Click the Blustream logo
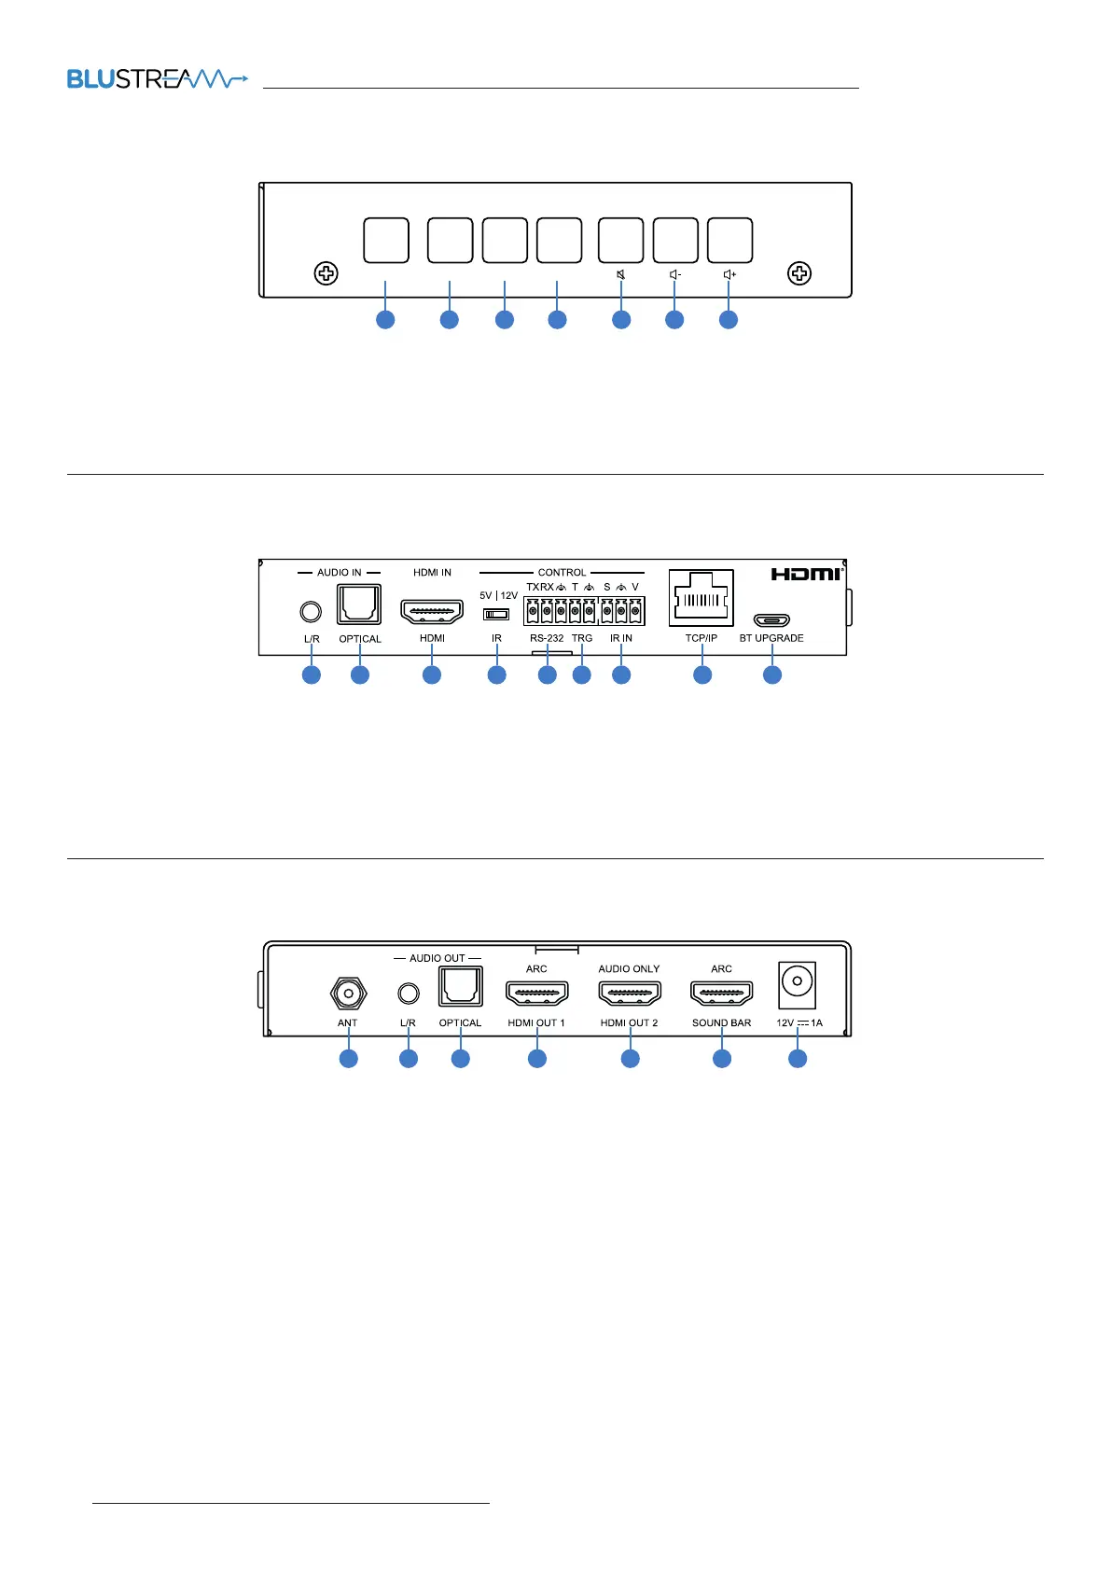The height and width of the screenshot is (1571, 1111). click(x=157, y=79)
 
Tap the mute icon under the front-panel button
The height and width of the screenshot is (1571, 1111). click(x=620, y=274)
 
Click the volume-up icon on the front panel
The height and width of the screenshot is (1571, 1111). click(x=729, y=274)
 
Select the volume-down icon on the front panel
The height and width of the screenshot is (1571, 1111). click(x=675, y=274)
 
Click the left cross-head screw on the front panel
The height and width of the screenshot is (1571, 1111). click(x=326, y=273)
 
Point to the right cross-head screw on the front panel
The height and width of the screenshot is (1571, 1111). click(x=799, y=273)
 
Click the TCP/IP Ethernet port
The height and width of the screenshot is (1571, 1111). click(x=701, y=598)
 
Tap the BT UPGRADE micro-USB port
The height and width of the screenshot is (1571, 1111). click(x=771, y=619)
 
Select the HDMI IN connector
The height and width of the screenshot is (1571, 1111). click(x=432, y=612)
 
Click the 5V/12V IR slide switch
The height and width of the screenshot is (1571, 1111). click(x=496, y=614)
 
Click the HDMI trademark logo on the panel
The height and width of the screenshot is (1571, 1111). click(x=806, y=574)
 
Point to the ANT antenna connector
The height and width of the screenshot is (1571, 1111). click(x=348, y=994)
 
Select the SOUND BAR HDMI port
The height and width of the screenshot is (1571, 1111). click(x=721, y=994)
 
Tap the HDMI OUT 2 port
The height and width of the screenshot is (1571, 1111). click(x=630, y=994)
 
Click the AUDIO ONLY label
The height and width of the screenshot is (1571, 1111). click(x=629, y=969)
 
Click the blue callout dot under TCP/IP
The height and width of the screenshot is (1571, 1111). click(x=702, y=674)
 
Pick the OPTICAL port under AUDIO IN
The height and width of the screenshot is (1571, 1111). click(x=359, y=605)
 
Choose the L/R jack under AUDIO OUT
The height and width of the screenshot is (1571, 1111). click(x=408, y=994)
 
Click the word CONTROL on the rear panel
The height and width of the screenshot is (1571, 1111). click(x=562, y=573)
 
